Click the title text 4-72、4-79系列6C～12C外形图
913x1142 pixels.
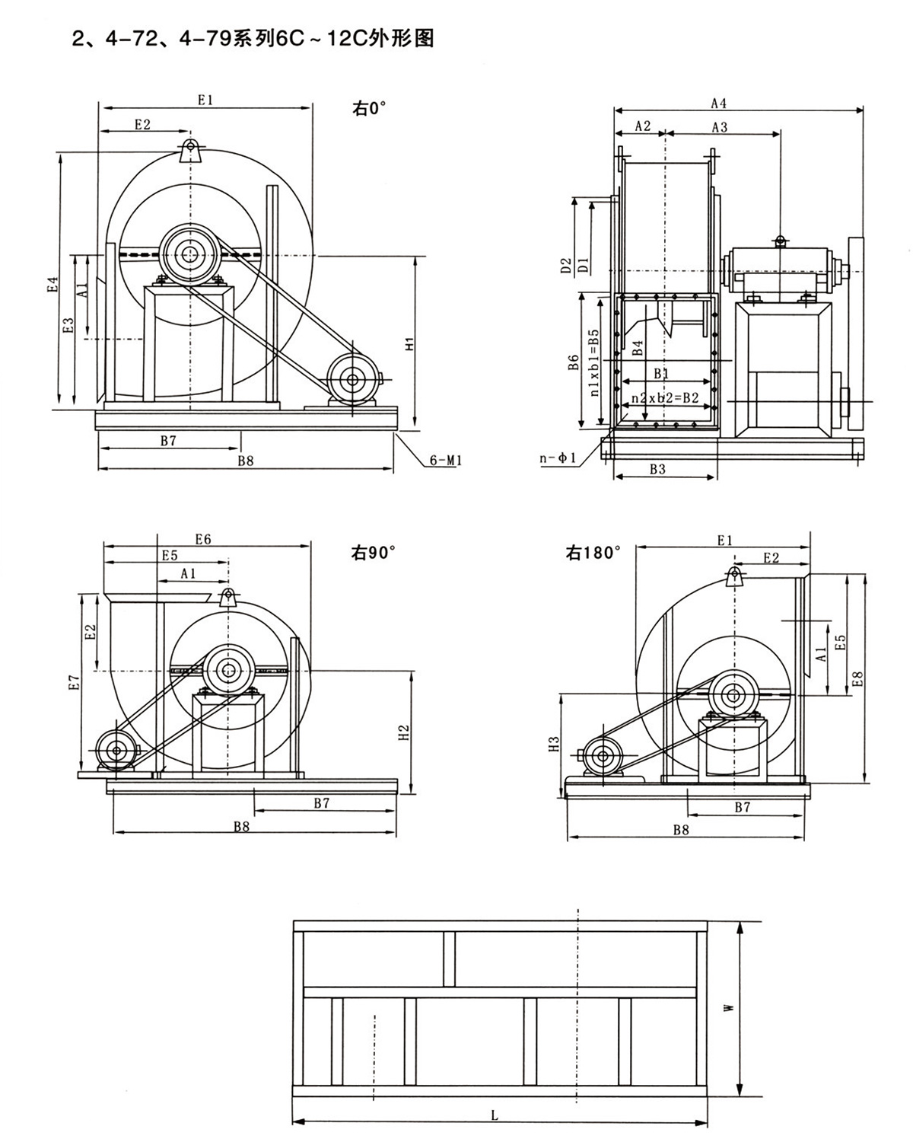pos(253,38)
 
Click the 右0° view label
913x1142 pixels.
pos(369,108)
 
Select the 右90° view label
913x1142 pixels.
pos(373,553)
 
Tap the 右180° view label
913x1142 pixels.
pos(593,553)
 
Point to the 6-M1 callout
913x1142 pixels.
pos(446,460)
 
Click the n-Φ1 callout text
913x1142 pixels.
pos(558,458)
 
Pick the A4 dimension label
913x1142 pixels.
pos(718,103)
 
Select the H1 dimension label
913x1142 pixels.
pos(409,343)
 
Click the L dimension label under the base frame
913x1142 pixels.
pos(495,1115)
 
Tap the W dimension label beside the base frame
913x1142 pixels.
pos(728,1006)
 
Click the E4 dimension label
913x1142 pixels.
pos(52,284)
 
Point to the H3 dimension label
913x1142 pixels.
pos(555,744)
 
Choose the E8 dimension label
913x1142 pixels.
pos(857,678)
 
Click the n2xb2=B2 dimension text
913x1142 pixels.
pos(660,397)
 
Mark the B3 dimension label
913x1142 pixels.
pos(657,469)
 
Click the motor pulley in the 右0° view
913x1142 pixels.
pos(352,378)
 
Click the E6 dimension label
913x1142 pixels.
pos(202,539)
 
